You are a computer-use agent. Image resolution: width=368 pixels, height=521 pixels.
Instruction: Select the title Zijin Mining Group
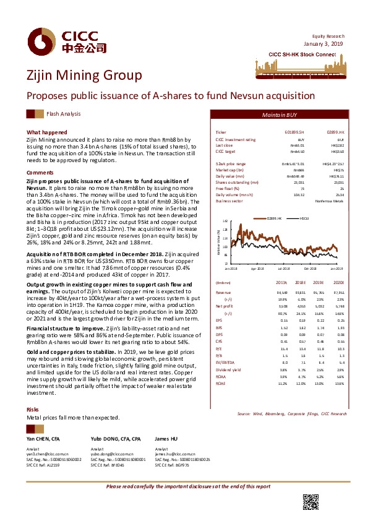coord(84,75)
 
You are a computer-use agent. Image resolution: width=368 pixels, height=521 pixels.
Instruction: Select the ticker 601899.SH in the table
coord(293,132)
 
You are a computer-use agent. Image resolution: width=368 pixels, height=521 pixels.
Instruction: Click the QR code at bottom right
coord(310,502)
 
